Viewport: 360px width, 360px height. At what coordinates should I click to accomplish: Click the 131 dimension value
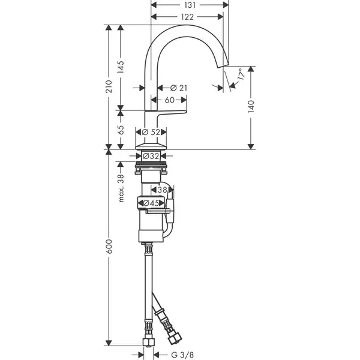coord(190,5)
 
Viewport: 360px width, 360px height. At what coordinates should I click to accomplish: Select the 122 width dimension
coord(187,17)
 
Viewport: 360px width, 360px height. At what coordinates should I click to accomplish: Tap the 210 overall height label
coord(109,86)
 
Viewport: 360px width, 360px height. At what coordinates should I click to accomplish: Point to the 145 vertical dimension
coord(121,67)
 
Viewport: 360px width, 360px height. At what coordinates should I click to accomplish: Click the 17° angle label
coord(241,74)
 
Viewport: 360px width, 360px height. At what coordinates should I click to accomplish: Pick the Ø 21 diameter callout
coord(179,88)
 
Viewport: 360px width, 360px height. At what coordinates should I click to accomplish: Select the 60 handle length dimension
coord(170,100)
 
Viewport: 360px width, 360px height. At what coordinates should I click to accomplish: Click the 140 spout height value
coord(251,106)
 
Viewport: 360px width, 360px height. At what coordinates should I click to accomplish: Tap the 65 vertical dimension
coord(121,130)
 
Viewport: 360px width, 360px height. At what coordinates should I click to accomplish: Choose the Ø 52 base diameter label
coord(151,132)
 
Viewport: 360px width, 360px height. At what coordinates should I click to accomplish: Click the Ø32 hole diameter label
coord(151,156)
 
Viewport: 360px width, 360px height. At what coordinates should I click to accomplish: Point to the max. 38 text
coord(121,188)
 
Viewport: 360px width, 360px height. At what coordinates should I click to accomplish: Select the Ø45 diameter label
coord(151,203)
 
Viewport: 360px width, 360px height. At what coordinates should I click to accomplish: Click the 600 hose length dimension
coord(109,247)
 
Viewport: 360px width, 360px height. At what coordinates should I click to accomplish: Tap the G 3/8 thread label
coord(182,355)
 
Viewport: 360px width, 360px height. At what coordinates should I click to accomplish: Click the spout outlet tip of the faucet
coord(223,65)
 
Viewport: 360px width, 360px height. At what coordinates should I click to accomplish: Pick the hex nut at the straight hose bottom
coord(149,343)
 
